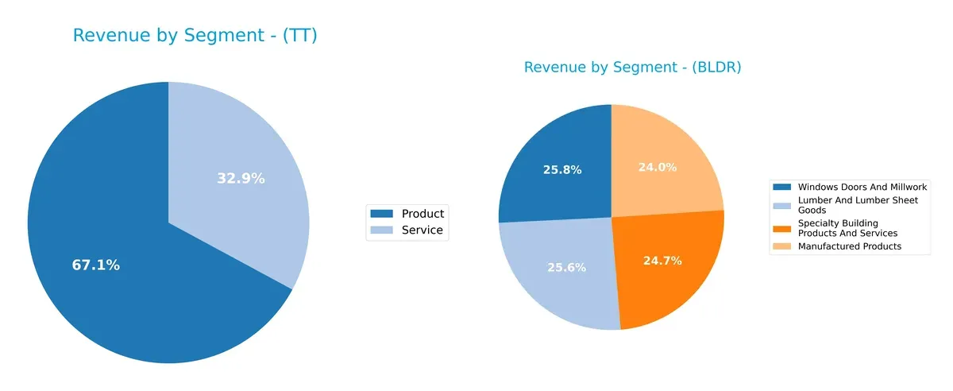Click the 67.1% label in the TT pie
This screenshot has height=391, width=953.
(x=95, y=265)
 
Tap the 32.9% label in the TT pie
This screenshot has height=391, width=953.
(x=241, y=179)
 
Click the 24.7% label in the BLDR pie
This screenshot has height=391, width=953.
(x=662, y=261)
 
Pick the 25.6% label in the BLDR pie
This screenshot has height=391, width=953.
(x=566, y=268)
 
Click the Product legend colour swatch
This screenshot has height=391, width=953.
(x=382, y=214)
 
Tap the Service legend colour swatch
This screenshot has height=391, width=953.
(x=382, y=231)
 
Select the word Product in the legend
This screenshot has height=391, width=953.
(x=422, y=214)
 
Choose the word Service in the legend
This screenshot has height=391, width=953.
(x=422, y=231)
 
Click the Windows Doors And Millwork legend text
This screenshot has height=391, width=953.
(x=862, y=187)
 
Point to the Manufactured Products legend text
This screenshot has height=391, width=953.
(x=849, y=246)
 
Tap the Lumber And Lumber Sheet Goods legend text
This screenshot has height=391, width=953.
(x=858, y=205)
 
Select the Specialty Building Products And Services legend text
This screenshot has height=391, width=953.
(x=847, y=228)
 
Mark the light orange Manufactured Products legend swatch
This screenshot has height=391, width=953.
(x=783, y=246)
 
